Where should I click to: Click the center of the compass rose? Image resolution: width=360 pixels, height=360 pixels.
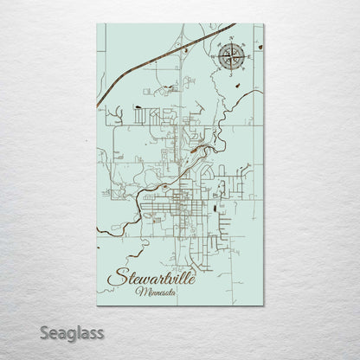[x=231, y=58]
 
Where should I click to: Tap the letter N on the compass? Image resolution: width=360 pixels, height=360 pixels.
[x=231, y=41]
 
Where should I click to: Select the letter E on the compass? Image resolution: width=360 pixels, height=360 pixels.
[x=248, y=58]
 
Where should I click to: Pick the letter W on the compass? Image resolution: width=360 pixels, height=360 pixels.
[x=214, y=58]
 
